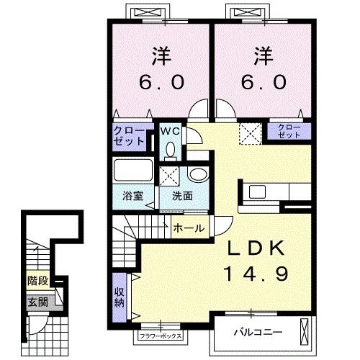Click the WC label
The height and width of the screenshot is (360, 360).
click(x=170, y=131)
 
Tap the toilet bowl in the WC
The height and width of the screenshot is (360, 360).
click(x=171, y=150)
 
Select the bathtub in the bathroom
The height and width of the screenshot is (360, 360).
click(x=133, y=170)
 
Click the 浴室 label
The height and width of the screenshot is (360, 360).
click(x=132, y=196)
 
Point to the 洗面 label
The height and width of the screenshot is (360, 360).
click(x=182, y=196)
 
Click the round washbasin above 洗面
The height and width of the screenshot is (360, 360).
click(x=197, y=174)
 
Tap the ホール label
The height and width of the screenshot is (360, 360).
click(x=189, y=228)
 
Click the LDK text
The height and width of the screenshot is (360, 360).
click(x=256, y=248)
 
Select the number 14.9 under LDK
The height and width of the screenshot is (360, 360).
click(x=256, y=274)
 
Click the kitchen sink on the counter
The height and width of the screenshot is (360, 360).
click(x=257, y=192)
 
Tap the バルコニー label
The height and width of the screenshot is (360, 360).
click(x=258, y=333)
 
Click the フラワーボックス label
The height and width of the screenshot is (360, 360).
click(x=161, y=336)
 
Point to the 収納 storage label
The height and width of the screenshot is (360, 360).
click(x=119, y=297)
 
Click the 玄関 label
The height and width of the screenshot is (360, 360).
click(x=38, y=302)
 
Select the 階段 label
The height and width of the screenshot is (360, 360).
click(x=38, y=281)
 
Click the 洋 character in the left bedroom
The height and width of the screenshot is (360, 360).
click(x=161, y=56)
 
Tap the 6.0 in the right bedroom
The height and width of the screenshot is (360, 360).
click(x=264, y=81)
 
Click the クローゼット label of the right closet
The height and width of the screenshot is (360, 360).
click(x=289, y=131)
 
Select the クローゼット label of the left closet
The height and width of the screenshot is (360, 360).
click(x=129, y=136)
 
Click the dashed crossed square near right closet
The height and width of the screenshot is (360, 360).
click(x=250, y=134)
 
